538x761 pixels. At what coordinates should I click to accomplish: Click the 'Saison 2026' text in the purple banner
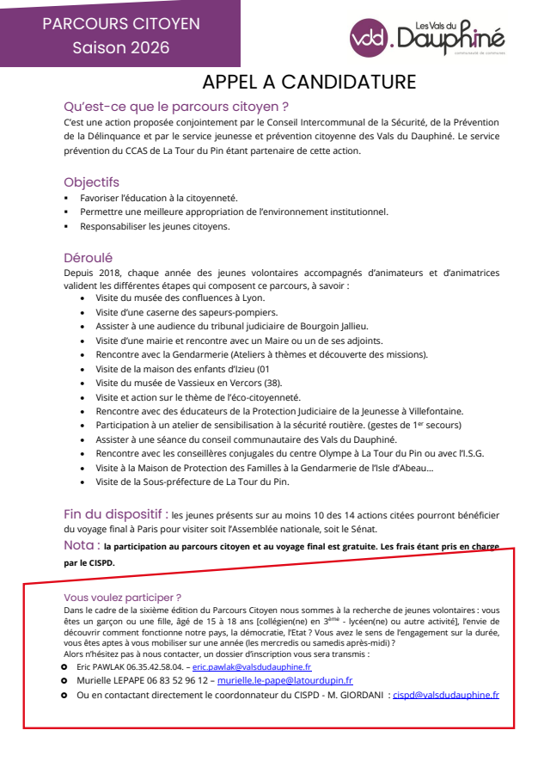tap(120, 47)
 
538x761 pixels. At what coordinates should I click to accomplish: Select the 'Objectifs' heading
tap(91, 182)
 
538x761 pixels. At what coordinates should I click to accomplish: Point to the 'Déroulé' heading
tap(88, 257)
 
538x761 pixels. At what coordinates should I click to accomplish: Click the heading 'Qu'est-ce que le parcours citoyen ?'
tap(176, 107)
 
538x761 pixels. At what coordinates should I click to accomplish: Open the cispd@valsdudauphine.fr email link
tap(445, 695)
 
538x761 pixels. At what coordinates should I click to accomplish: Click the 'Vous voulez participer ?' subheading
tap(122, 597)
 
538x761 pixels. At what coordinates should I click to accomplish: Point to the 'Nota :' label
tap(82, 545)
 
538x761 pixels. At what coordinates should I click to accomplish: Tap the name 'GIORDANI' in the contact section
tap(358, 695)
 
